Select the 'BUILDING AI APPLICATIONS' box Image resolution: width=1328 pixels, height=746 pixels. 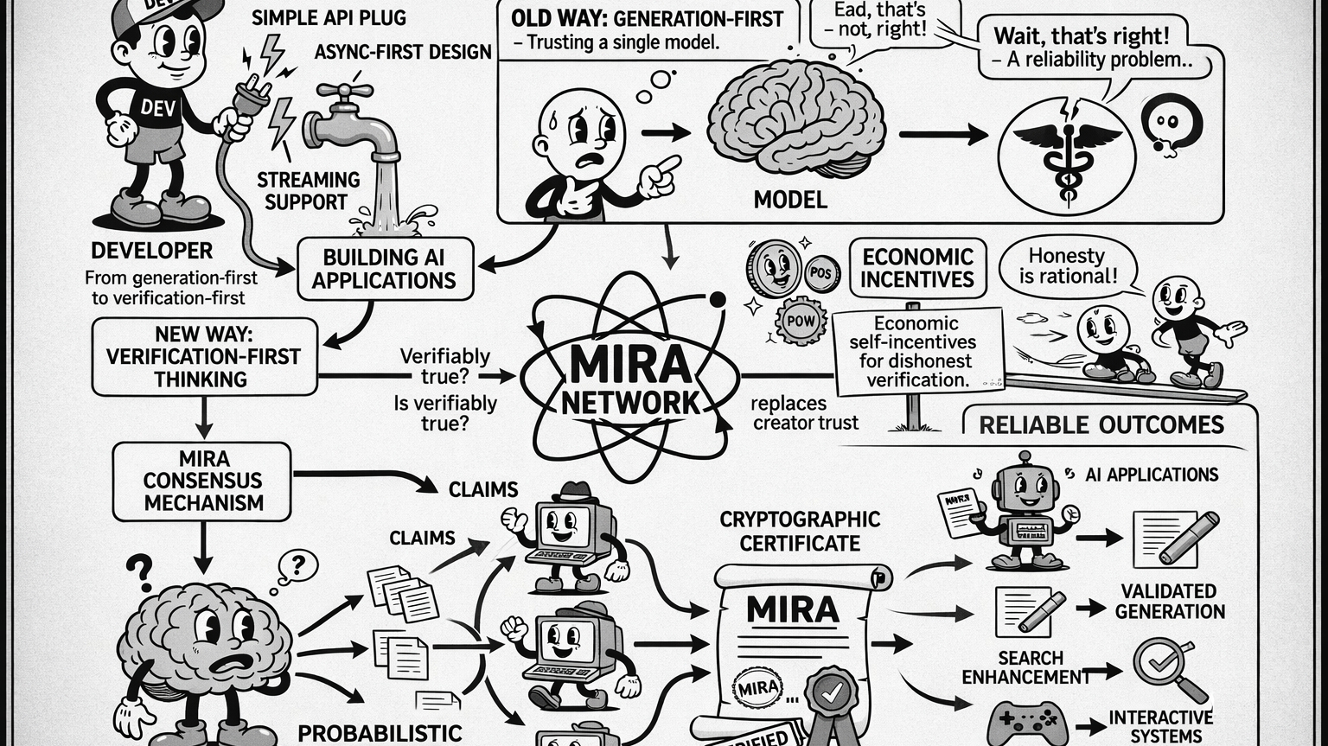[385, 269]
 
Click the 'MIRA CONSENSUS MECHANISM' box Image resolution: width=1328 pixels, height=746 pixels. [202, 481]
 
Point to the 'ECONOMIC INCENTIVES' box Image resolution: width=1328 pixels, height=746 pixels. [917, 268]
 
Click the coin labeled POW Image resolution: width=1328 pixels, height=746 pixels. [801, 322]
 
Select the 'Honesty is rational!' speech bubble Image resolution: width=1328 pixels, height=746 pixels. [1067, 266]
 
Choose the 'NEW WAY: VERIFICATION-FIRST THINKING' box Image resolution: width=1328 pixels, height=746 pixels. [204, 357]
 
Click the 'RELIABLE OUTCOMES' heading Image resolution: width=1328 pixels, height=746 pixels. [1101, 424]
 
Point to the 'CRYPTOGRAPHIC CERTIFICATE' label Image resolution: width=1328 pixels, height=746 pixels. [800, 531]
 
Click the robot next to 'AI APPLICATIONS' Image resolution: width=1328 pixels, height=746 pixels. [1025, 513]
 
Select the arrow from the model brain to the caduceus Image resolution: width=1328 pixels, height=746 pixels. [942, 135]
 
